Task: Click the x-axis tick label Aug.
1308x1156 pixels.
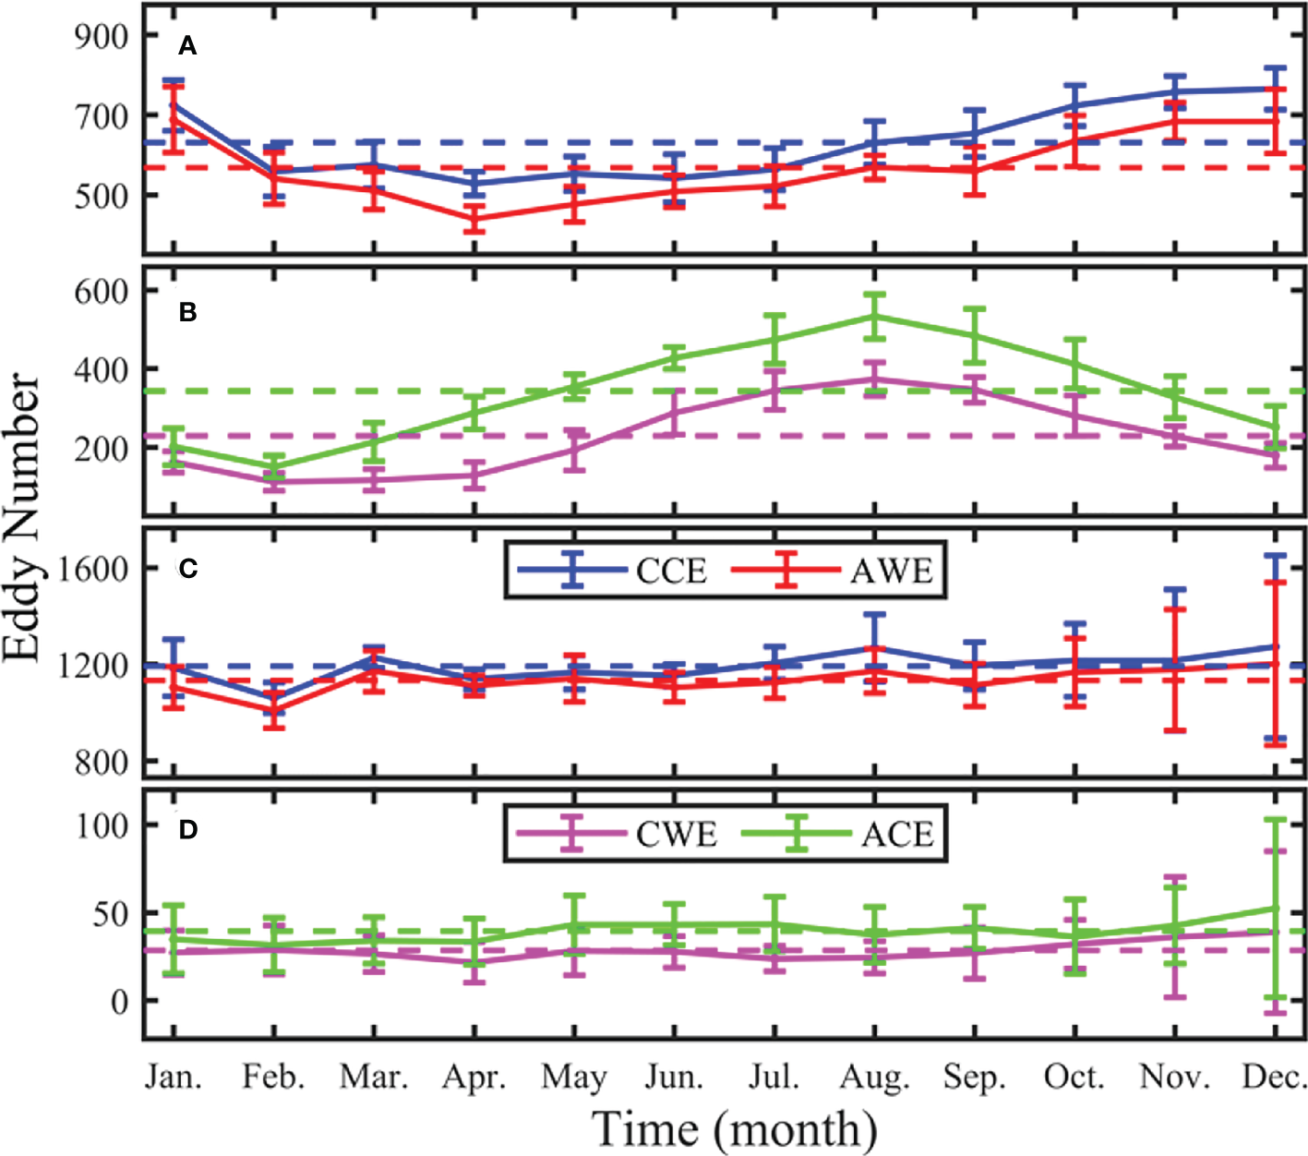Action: (x=874, y=1078)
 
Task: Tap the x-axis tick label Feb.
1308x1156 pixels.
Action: (x=273, y=1078)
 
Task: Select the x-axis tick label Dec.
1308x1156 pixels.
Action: (x=1275, y=1078)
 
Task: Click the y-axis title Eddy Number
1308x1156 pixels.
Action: (x=22, y=517)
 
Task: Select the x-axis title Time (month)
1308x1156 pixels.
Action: (x=734, y=1129)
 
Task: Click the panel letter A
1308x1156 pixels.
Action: (x=187, y=46)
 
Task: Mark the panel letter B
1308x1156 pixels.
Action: (x=187, y=313)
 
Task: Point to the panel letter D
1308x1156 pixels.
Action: (x=187, y=830)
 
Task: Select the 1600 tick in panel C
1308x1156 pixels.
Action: (x=90, y=568)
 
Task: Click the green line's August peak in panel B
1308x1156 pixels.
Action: (x=874, y=316)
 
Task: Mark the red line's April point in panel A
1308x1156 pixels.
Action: (x=474, y=219)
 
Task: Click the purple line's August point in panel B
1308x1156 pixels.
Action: (x=874, y=379)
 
